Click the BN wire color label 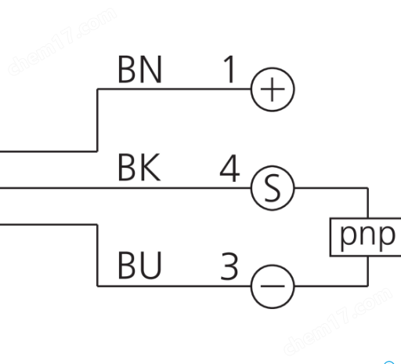coord(140,69)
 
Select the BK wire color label coord(139,167)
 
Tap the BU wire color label coord(139,265)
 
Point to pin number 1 coord(229,69)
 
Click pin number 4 coord(229,168)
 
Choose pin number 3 coord(229,266)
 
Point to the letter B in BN coord(127,69)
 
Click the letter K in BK coord(150,167)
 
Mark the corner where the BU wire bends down coord(97,224)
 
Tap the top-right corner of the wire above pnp coord(368,187)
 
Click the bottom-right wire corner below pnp coord(368,286)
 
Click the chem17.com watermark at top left coord(62,42)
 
